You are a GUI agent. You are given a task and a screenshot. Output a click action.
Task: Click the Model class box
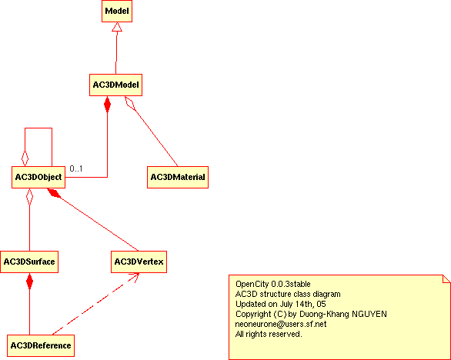coord(117,11)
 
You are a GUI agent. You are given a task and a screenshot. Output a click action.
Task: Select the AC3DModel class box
coord(115,85)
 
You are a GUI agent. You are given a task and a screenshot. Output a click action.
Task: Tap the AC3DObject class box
coord(38,177)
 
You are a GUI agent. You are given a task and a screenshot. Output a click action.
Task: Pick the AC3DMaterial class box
coord(178,177)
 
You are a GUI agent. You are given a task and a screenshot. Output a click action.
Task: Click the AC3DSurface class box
coord(29,262)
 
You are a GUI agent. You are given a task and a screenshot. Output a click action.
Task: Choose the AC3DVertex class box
coord(139,262)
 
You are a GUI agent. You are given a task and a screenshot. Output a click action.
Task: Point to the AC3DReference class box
coord(41,345)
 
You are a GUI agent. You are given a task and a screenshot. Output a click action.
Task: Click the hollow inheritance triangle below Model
coord(117,27)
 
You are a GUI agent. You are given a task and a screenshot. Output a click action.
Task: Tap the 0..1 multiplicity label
coord(76,168)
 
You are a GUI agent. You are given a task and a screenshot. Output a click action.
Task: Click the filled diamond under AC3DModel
coord(107,104)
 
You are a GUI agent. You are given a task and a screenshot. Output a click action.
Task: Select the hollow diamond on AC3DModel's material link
coord(130,103)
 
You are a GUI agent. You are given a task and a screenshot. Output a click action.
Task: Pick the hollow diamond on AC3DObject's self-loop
coord(25,158)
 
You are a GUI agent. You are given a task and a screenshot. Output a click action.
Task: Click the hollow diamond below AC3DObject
coord(29,197)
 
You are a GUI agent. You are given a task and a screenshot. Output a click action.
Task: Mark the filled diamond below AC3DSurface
coord(29,282)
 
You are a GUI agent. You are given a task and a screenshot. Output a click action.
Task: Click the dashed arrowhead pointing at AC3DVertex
coord(134,277)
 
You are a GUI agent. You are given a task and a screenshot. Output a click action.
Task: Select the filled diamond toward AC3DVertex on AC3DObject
coord(54,193)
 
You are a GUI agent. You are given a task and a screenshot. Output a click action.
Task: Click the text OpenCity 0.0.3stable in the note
coord(273,284)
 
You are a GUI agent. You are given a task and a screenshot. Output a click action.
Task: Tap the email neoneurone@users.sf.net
coord(281,325)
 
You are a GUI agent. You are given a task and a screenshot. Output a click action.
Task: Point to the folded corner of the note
coord(446,279)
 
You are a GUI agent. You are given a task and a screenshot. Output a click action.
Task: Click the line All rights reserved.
coord(269,334)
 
